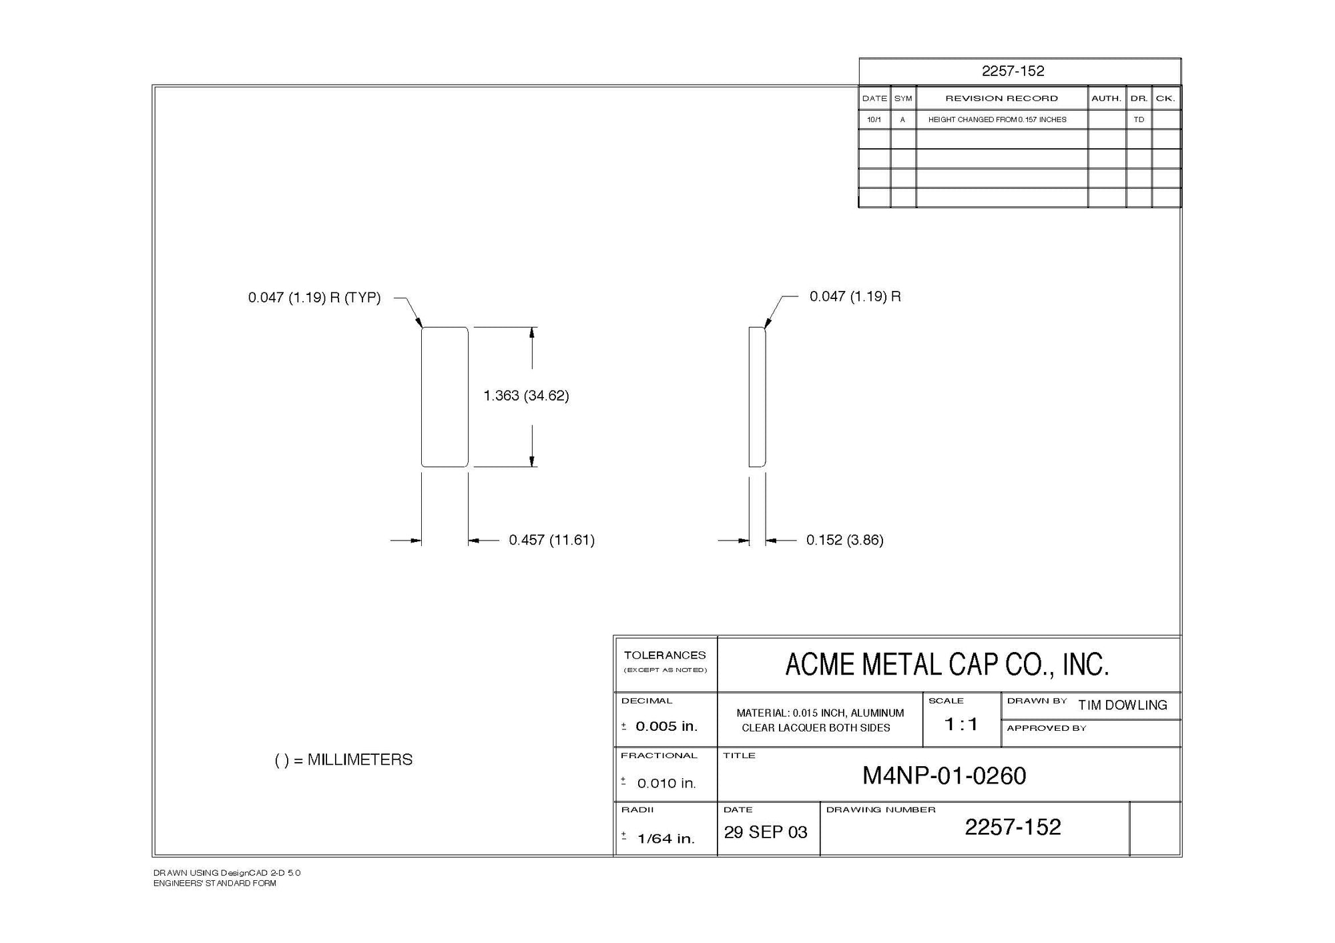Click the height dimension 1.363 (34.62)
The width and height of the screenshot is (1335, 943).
coord(526,396)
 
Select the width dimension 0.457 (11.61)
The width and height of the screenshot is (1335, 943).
coord(551,540)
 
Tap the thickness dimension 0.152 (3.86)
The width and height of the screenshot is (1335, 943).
coord(844,540)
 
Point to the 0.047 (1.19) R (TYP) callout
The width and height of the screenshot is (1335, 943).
coord(314,298)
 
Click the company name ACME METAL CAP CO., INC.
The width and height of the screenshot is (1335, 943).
coord(947,665)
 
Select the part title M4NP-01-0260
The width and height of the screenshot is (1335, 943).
coord(944,776)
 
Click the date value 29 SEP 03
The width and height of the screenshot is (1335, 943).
coord(766,832)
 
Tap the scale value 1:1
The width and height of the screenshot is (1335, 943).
coord(961,724)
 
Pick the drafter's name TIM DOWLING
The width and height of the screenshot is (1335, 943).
coord(1123,705)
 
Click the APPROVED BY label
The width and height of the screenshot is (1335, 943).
coord(1047,728)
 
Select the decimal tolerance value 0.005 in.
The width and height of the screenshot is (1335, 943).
coord(666,727)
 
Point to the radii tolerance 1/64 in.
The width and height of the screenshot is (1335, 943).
coord(665,839)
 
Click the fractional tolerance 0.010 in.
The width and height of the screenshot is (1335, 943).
coord(666,783)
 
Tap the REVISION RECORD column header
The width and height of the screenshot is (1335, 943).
coord(1001,98)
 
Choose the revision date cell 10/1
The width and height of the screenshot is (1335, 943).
coord(874,119)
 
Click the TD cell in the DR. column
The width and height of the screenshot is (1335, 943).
coord(1139,119)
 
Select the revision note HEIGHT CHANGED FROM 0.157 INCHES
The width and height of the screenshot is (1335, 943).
coord(997,119)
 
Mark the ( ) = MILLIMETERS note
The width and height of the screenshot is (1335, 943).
coord(344,759)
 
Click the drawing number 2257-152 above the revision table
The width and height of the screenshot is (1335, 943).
coord(1013,71)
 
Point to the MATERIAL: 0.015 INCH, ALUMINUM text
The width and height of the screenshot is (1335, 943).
coord(820,713)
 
